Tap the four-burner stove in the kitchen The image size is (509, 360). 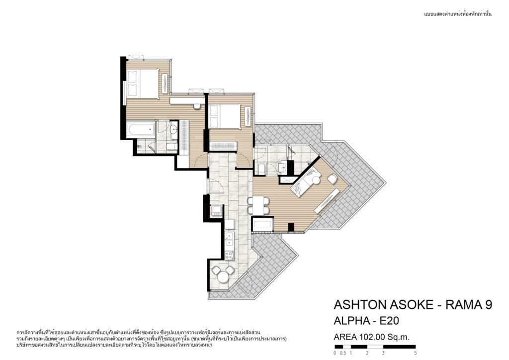click(230, 255)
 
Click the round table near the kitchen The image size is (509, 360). click(223, 278)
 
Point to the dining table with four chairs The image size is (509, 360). click(258, 206)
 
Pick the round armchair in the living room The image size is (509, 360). click(332, 179)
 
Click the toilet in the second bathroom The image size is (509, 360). click(261, 169)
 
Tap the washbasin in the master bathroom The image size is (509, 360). click(173, 129)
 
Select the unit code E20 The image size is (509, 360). click(389, 321)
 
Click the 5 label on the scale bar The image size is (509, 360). click(416, 353)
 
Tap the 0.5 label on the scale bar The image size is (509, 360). click(343, 353)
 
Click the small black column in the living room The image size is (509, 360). click(291, 228)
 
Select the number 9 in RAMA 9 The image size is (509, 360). click(488, 305)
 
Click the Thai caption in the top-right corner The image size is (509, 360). click(458, 14)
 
